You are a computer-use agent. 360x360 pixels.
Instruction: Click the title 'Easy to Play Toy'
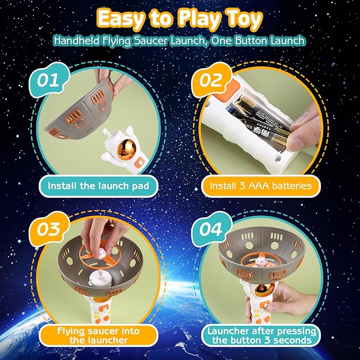coord(180,19)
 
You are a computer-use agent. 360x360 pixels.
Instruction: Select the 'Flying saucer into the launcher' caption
coord(99,335)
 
